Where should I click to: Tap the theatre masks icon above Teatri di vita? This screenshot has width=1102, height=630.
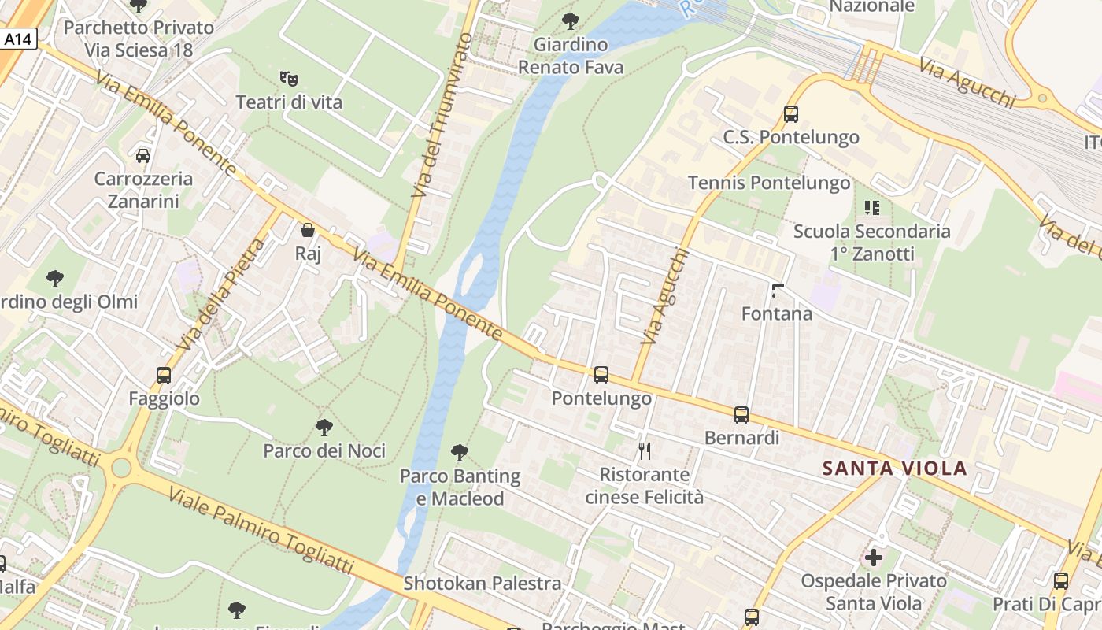click(289, 78)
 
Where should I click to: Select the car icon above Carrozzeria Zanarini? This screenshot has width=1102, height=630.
click(143, 155)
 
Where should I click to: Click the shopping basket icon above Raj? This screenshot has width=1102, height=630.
click(308, 230)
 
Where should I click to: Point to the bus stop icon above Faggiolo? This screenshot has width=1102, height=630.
click(164, 376)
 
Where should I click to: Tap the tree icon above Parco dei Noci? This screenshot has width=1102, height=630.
click(324, 428)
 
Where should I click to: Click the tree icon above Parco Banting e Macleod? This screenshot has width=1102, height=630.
click(460, 453)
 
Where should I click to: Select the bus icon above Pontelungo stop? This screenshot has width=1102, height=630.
click(601, 375)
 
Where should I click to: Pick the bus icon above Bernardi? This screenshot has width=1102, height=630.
click(741, 415)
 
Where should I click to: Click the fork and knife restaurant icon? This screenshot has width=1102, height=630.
click(645, 451)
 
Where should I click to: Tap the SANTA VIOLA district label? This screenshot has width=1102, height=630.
click(895, 469)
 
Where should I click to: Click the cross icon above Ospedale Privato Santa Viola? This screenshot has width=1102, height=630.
click(874, 558)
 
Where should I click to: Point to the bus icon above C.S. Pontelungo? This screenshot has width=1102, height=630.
click(791, 114)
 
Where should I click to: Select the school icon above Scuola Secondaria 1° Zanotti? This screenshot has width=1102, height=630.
click(871, 208)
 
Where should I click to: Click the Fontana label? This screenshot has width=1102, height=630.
click(777, 313)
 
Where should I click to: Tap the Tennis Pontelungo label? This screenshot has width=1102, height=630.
click(769, 183)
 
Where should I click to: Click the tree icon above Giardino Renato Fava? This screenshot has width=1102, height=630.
click(571, 21)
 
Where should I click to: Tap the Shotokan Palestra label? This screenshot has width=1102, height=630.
click(483, 584)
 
